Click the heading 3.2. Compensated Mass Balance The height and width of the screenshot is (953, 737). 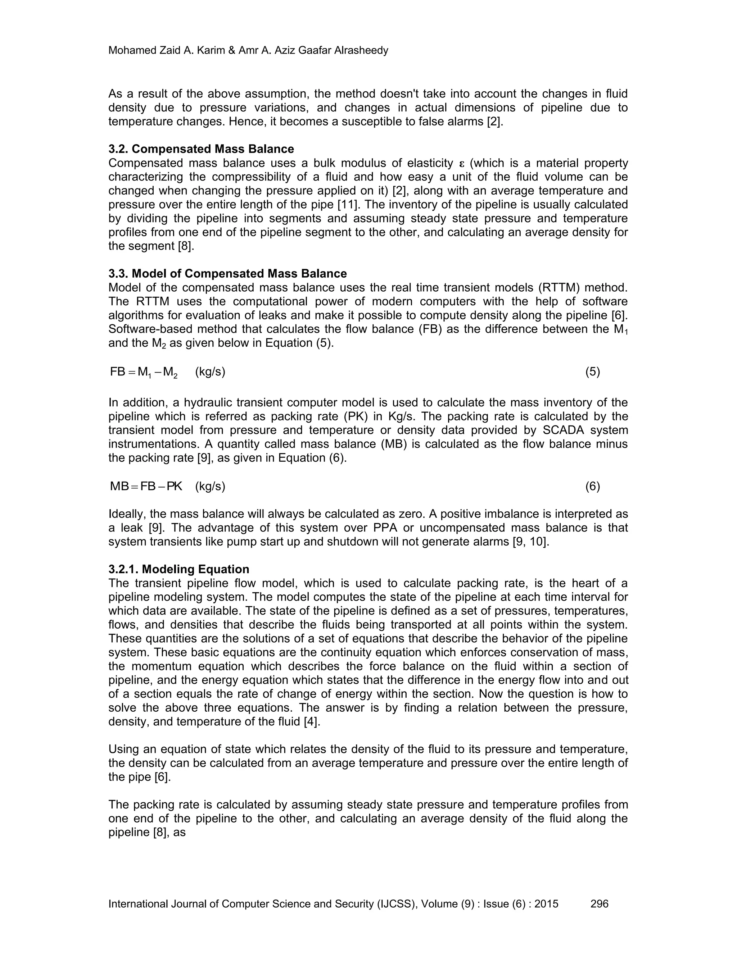tap(201, 149)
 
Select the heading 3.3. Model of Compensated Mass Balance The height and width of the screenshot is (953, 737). tap(227, 274)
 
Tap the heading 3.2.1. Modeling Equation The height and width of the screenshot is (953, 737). tap(178, 569)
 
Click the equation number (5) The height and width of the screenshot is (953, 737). tap(592, 372)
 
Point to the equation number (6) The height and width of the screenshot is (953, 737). tap(592, 486)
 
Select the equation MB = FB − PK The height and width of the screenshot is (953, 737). tap(146, 486)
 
